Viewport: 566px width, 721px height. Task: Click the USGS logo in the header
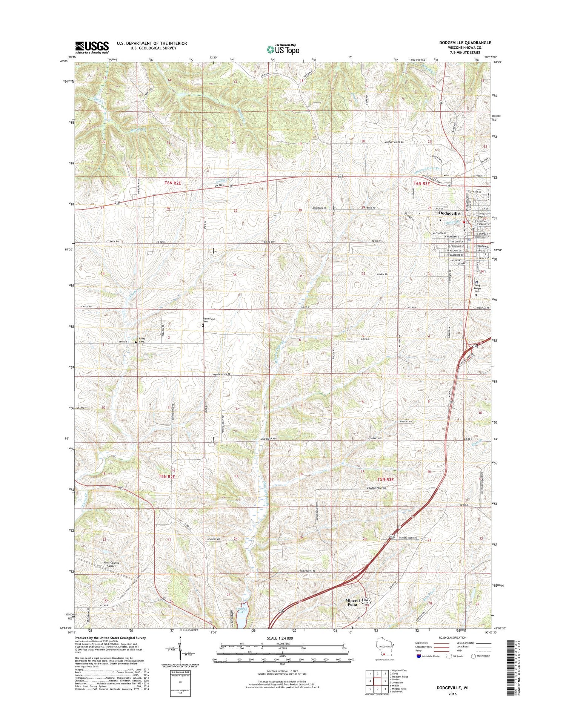coord(92,47)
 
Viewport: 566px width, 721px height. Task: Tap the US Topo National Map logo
coord(283,49)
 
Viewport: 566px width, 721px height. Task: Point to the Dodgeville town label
coord(449,213)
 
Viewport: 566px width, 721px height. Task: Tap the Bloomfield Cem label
coord(207,320)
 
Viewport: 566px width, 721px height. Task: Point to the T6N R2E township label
coord(173,183)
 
